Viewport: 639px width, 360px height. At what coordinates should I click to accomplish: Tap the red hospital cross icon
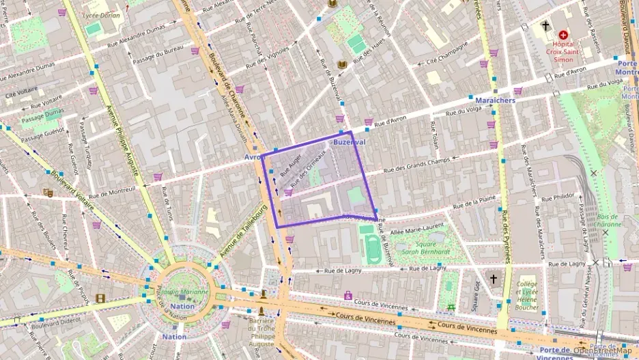pyautogui.click(x=563, y=34)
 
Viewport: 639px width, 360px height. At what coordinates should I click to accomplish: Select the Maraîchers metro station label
pyautogui.click(x=496, y=100)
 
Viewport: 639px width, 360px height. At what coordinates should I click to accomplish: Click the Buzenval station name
pyautogui.click(x=350, y=142)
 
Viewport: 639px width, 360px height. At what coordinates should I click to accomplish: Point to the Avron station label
pyautogui.click(x=253, y=156)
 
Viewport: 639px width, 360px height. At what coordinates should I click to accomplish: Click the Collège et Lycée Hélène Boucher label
pyautogui.click(x=527, y=293)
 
